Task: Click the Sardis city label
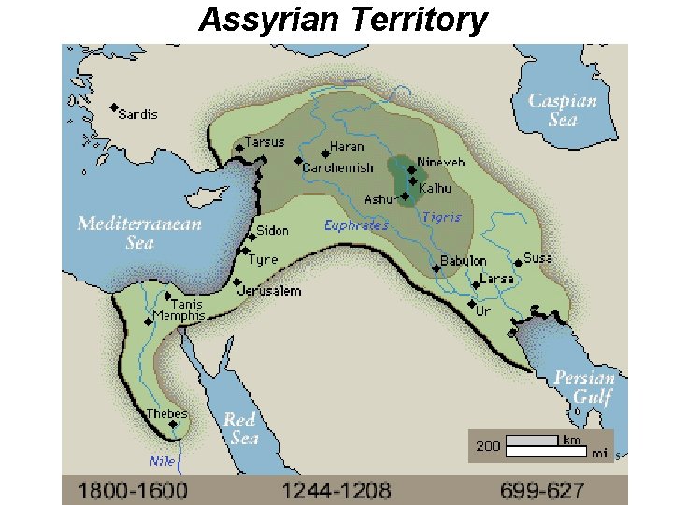pyautogui.click(x=138, y=114)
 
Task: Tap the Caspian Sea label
pyautogui.click(x=563, y=110)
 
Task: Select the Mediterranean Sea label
pyautogui.click(x=139, y=232)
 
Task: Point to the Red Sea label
pyautogui.click(x=240, y=428)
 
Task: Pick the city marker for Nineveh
pyautogui.click(x=411, y=170)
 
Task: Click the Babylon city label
pyautogui.click(x=463, y=261)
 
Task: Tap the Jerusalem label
pyautogui.click(x=268, y=291)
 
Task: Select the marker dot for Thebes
pyautogui.click(x=173, y=425)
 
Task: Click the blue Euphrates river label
pyautogui.click(x=356, y=225)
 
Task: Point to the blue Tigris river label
pyautogui.click(x=441, y=217)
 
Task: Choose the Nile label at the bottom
pyautogui.click(x=162, y=461)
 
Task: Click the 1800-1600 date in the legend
pyautogui.click(x=132, y=489)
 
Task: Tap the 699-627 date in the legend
pyautogui.click(x=542, y=489)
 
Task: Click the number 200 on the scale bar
pyautogui.click(x=488, y=446)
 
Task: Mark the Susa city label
pyautogui.click(x=537, y=258)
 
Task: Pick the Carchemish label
pyautogui.click(x=337, y=168)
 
